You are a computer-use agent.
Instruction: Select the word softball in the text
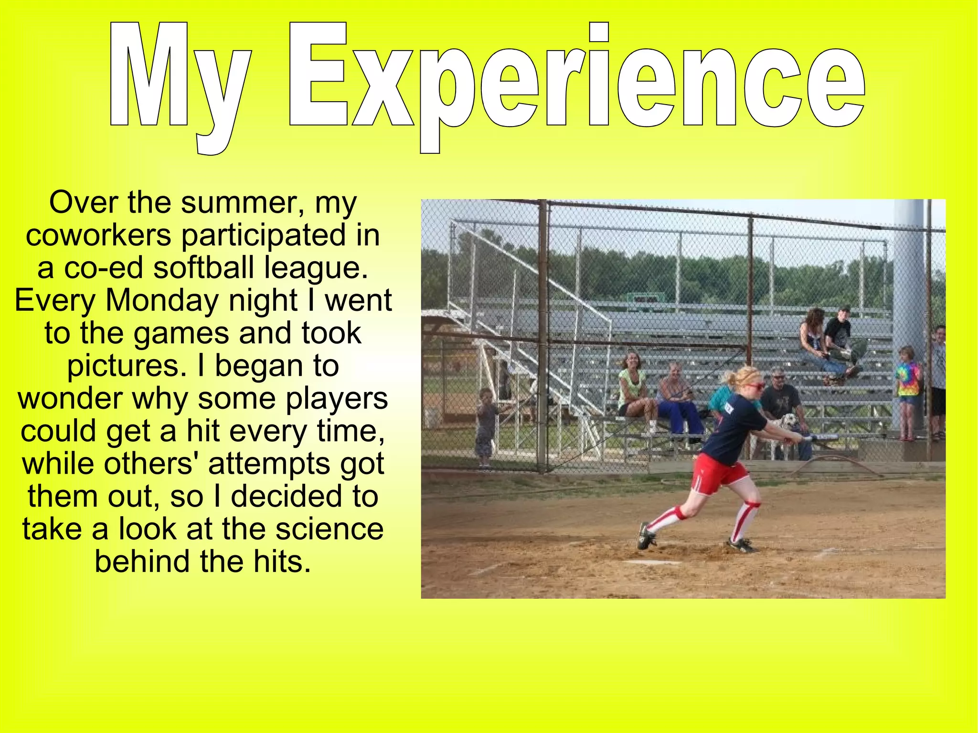pos(203,267)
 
